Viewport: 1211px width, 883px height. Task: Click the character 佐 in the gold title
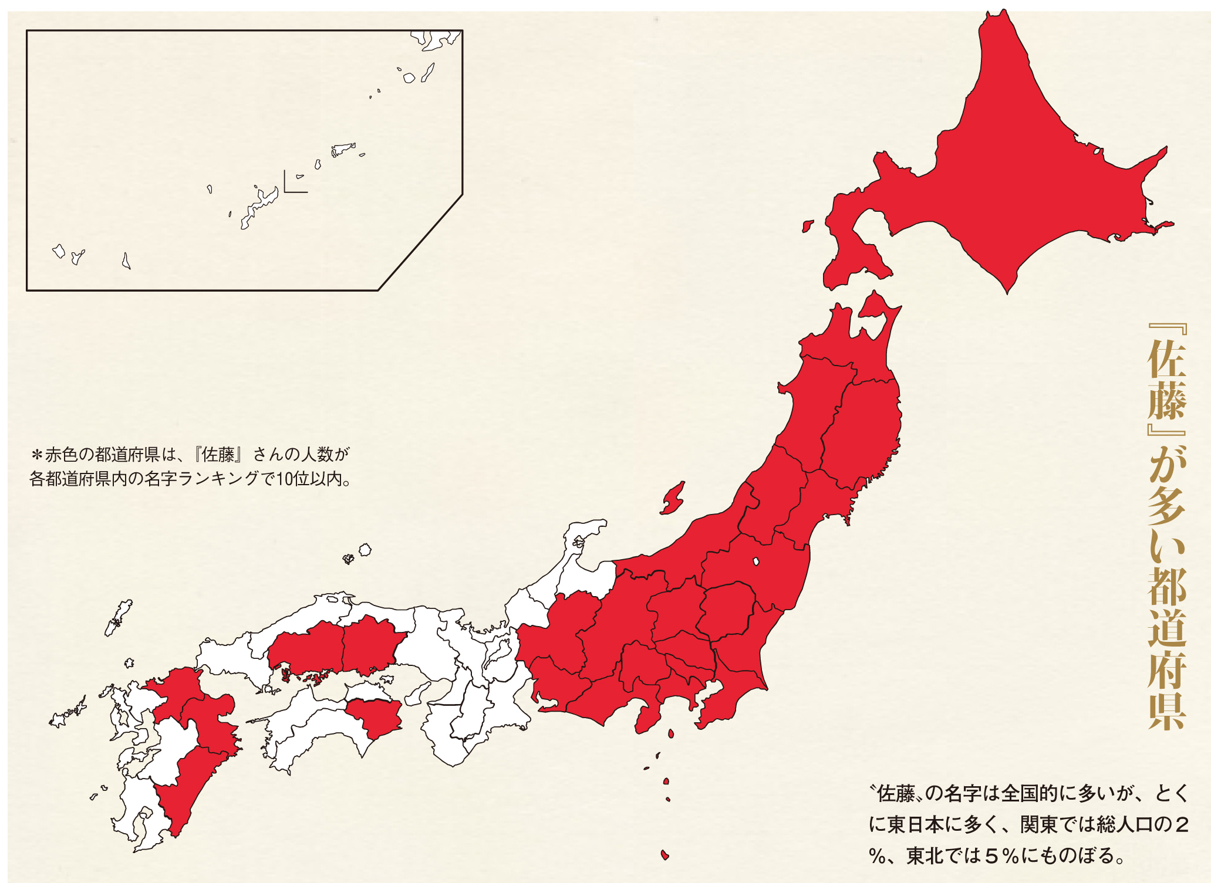pos(1166,359)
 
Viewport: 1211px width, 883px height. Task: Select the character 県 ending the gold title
pos(1166,710)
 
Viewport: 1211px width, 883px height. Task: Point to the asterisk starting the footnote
pos(36,455)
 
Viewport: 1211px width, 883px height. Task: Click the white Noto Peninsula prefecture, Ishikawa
pos(578,552)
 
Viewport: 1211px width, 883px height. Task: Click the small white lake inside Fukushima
pos(756,561)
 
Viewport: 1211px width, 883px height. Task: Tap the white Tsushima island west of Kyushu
pos(118,619)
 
